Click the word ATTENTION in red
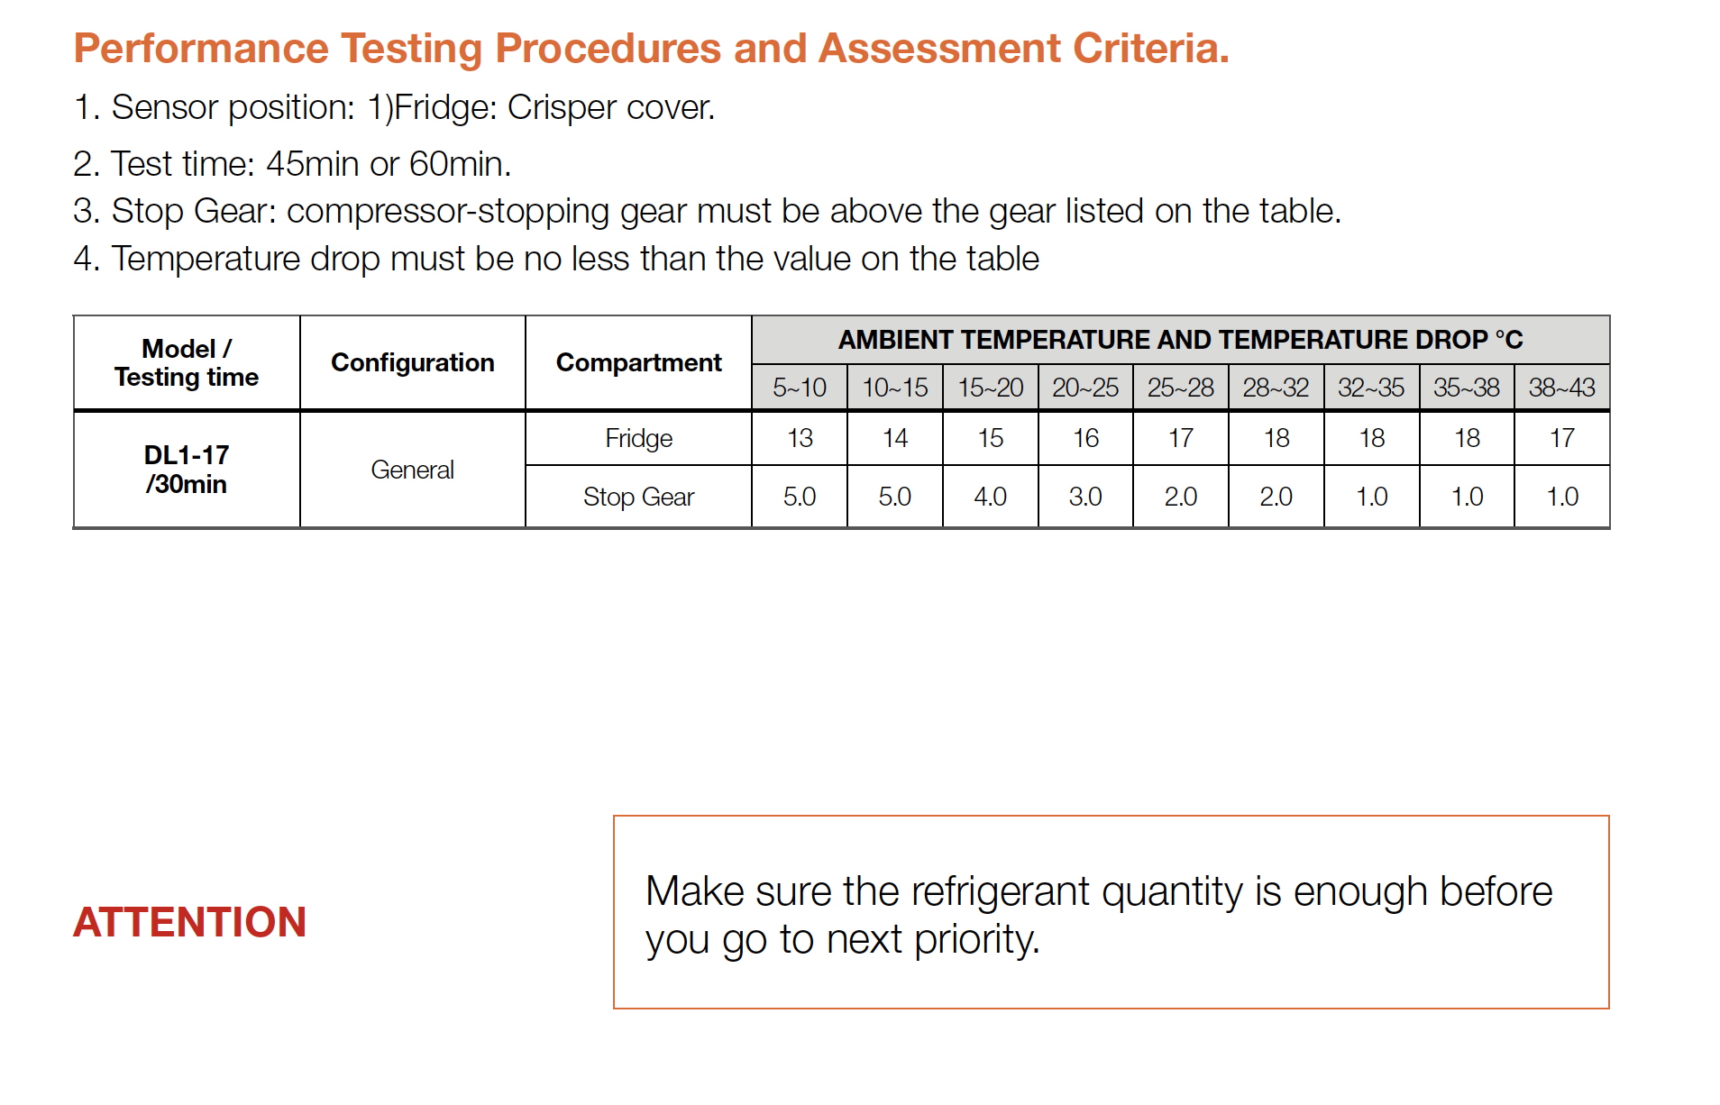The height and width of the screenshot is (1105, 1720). point(189,922)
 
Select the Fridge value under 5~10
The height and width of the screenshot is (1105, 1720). point(800,438)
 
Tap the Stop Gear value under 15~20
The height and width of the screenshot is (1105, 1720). point(990,497)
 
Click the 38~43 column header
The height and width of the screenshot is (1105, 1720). point(1561,388)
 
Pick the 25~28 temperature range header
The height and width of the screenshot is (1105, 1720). point(1180,388)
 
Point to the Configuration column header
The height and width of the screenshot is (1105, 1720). point(413,362)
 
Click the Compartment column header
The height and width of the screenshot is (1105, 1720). point(638,362)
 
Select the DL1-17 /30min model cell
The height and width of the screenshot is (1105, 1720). point(187,470)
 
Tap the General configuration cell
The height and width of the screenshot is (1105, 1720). point(413,470)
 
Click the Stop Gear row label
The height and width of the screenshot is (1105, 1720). point(638,497)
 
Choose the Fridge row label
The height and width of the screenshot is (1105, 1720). point(638,438)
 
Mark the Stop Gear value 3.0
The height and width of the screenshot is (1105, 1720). point(1085,497)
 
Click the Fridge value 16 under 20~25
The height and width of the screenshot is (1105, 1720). point(1085,438)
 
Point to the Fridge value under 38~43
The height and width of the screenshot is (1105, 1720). point(1561,438)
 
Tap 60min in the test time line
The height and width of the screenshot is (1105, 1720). point(460,164)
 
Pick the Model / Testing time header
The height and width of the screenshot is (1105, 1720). point(187,362)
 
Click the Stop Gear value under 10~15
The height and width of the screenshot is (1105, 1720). point(894,497)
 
